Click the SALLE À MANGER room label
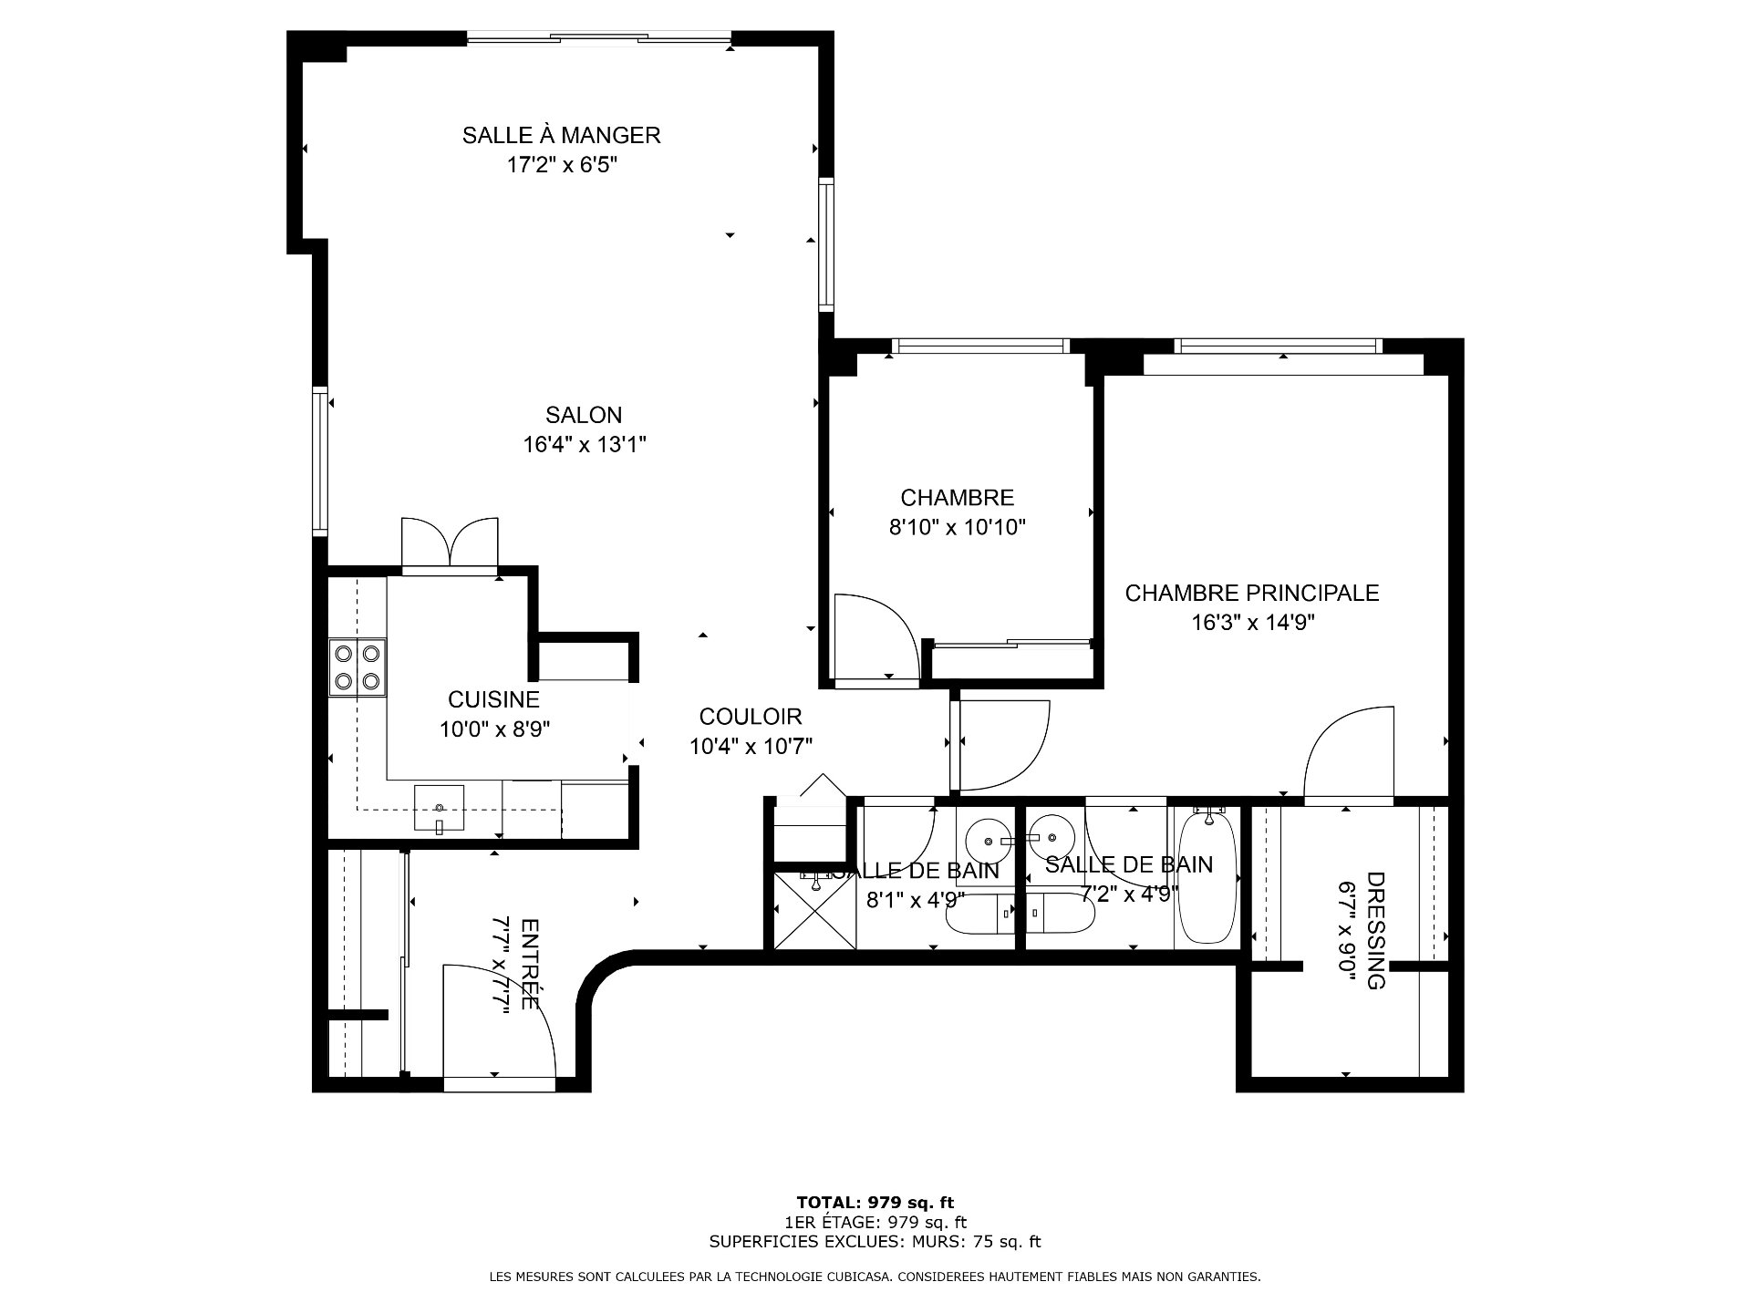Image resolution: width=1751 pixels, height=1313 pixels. pyautogui.click(x=561, y=136)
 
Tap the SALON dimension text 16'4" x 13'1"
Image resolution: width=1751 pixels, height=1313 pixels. pyautogui.click(x=585, y=445)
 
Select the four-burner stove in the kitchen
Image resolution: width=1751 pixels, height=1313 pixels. pyautogui.click(x=357, y=667)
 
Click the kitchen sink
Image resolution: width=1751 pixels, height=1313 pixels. pyautogui.click(x=439, y=808)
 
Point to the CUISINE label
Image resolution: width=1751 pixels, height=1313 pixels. pyautogui.click(x=493, y=699)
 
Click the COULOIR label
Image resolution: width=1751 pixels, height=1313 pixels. pyautogui.click(x=751, y=717)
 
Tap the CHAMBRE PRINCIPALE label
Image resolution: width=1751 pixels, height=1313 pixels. pyautogui.click(x=1252, y=594)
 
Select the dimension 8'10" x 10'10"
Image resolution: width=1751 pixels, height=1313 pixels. pyautogui.click(x=958, y=527)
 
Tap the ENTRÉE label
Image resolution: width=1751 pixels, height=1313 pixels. pyautogui.click(x=529, y=964)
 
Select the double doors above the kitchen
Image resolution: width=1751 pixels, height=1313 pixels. pyautogui.click(x=450, y=543)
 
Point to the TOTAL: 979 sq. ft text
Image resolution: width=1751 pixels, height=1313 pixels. pyautogui.click(x=875, y=1203)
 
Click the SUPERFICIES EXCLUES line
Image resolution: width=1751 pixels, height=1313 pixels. pyautogui.click(x=875, y=1242)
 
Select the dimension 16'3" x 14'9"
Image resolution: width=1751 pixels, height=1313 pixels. pyautogui.click(x=1252, y=624)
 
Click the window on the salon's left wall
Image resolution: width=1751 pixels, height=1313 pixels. pyautogui.click(x=320, y=459)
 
